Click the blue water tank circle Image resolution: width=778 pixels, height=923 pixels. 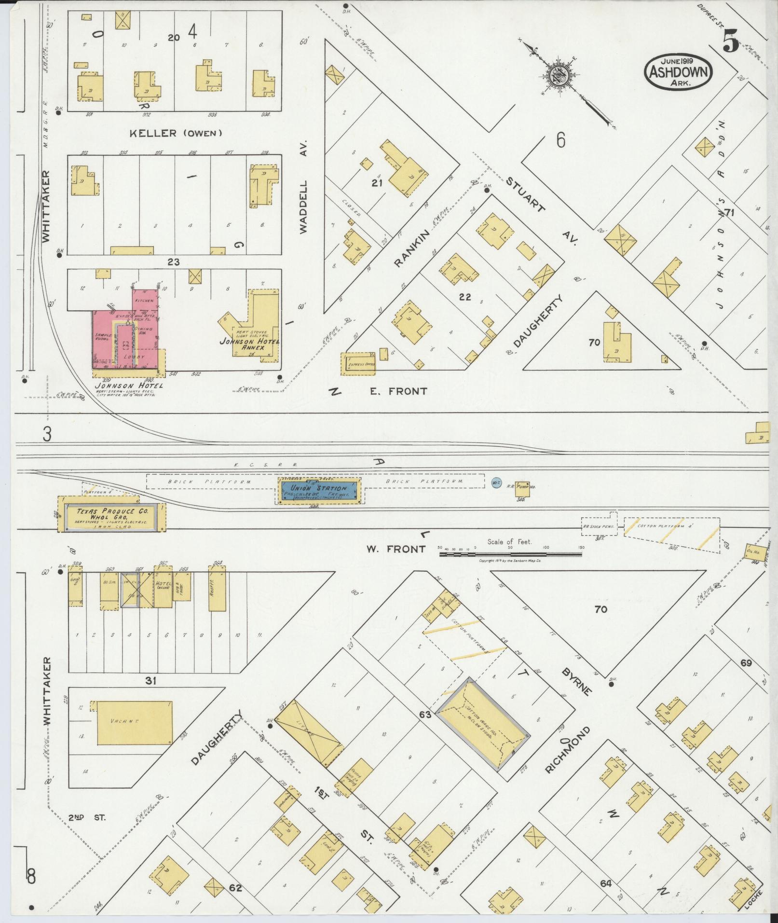coord(495,482)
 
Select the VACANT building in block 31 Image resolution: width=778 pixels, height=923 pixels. coord(135,723)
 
